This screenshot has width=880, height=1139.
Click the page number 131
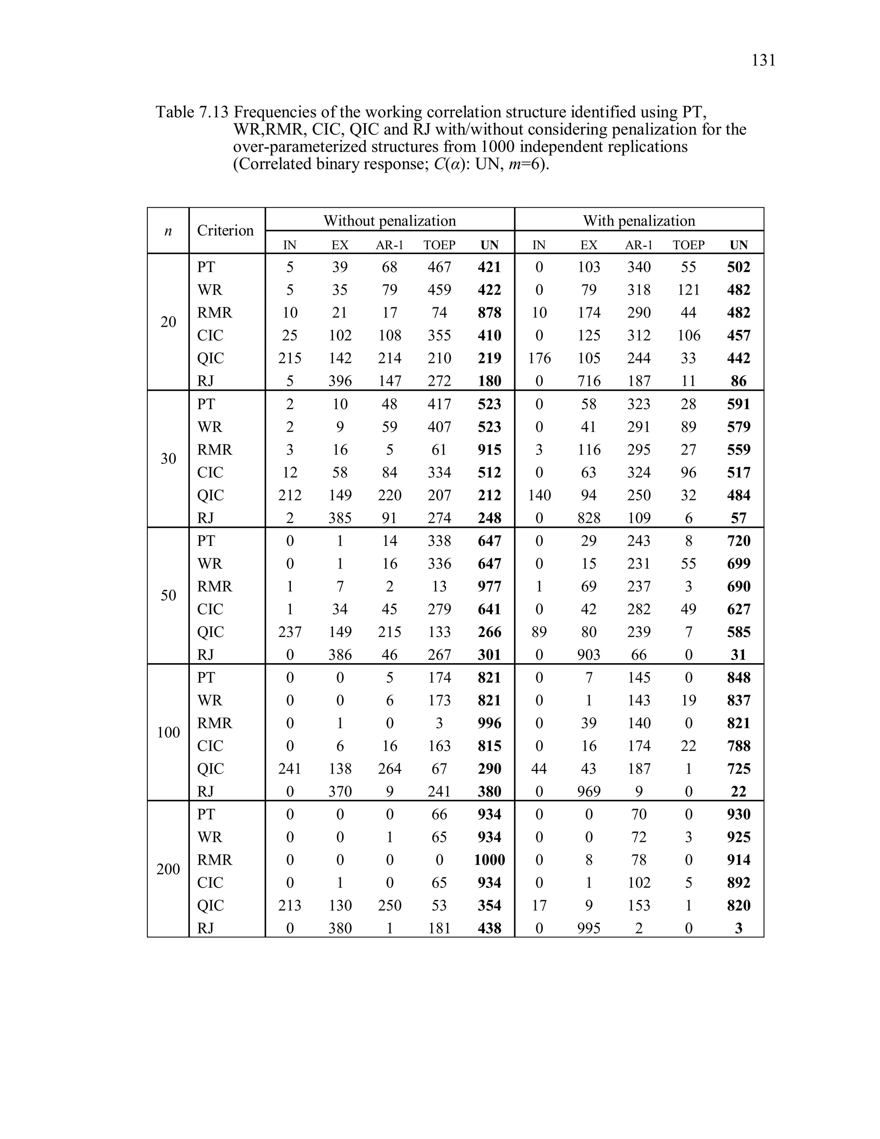pos(763,61)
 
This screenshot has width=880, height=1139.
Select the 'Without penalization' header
pos(389,220)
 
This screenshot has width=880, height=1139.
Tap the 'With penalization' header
pos(639,220)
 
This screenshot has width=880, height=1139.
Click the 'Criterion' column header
pos(225,230)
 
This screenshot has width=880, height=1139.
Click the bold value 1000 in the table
pos(489,860)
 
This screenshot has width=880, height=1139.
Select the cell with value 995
pos(589,928)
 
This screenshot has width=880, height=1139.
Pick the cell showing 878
pos(489,313)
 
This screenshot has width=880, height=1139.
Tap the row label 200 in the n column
pos(168,869)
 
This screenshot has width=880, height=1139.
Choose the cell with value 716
pos(589,381)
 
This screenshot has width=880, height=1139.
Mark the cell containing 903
pos(589,655)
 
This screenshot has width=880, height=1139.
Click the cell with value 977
pos(489,587)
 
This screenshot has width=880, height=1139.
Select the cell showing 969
pos(589,792)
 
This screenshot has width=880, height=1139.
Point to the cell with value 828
pos(589,518)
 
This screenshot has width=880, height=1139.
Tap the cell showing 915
pos(489,450)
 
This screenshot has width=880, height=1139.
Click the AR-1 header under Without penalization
pos(389,245)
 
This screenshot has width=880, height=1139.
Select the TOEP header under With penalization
pos(688,245)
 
